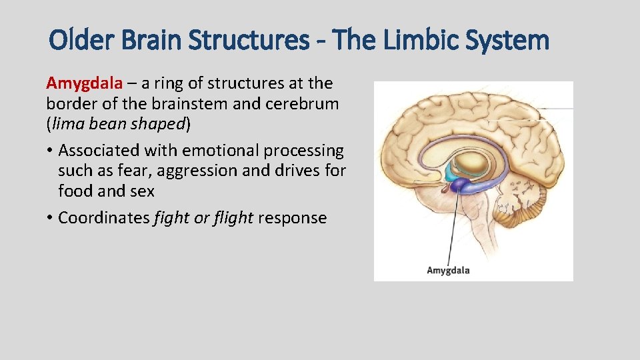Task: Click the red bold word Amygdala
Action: (x=85, y=83)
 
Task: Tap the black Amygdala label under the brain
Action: (x=448, y=270)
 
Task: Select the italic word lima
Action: (x=69, y=125)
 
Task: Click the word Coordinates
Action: (x=104, y=218)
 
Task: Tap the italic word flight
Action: (x=233, y=218)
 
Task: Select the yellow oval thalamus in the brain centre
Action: (x=473, y=162)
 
